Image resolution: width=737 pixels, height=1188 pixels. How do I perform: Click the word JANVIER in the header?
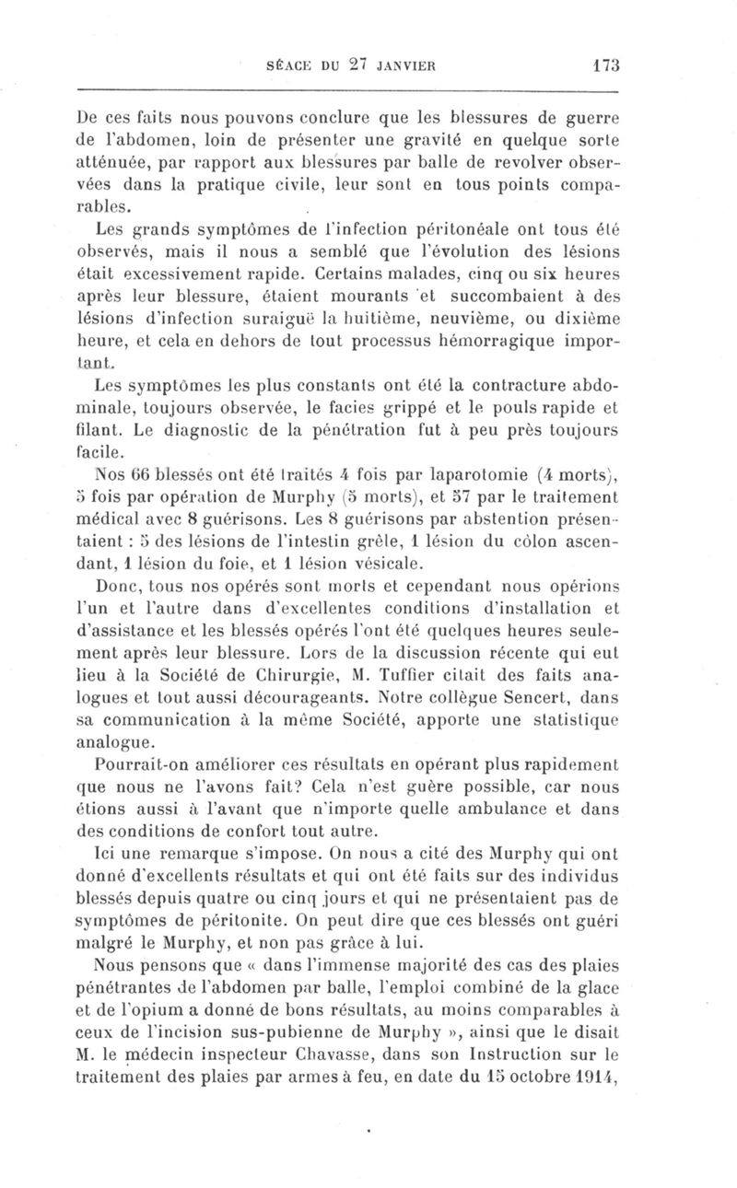coord(402,65)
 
